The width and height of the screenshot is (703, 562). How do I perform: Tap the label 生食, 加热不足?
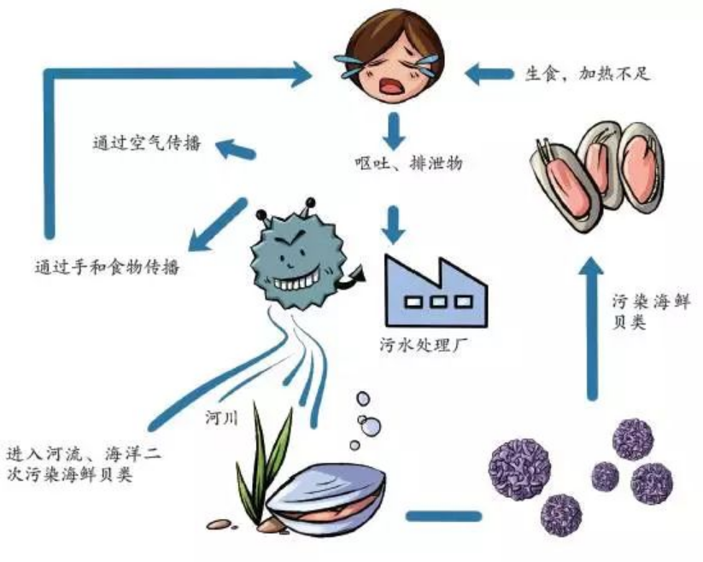pos(588,73)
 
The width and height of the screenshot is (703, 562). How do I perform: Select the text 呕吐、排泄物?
pos(410,163)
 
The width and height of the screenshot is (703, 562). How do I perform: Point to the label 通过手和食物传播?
pos(104,266)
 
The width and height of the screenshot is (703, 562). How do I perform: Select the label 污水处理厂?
pos(422,346)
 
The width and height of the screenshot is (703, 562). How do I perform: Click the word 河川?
pos(220,420)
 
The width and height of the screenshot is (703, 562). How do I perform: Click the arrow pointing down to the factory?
pos(394,223)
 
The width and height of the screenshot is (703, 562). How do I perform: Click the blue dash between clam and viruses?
pos(443,517)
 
